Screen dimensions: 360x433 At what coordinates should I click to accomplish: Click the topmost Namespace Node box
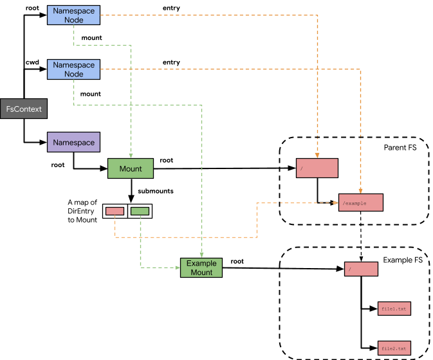74,15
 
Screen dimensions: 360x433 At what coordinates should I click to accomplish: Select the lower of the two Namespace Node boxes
74,69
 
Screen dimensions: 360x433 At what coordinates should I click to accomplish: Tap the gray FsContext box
24,109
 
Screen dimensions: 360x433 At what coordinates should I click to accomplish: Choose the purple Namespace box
73,142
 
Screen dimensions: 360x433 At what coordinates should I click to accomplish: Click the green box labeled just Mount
131,169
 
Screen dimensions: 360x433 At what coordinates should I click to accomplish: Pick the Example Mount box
201,268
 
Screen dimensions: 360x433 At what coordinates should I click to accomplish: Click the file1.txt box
394,309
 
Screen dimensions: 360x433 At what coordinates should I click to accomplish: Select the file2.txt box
394,348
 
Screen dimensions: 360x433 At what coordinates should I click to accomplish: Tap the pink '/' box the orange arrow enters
317,168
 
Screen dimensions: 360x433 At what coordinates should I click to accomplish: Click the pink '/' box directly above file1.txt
361,269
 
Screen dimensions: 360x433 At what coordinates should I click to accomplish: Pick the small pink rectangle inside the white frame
115,211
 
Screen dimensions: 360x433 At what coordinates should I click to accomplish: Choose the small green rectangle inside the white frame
140,211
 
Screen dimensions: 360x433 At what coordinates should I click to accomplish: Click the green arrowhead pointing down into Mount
131,156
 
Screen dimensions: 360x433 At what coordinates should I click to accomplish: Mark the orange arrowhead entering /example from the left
336,203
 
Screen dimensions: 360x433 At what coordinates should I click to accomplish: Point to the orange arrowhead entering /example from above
360,191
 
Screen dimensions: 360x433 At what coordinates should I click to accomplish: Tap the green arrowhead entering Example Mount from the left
178,267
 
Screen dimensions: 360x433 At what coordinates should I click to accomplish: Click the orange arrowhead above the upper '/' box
317,155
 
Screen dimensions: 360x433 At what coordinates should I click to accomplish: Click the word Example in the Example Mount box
201,264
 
